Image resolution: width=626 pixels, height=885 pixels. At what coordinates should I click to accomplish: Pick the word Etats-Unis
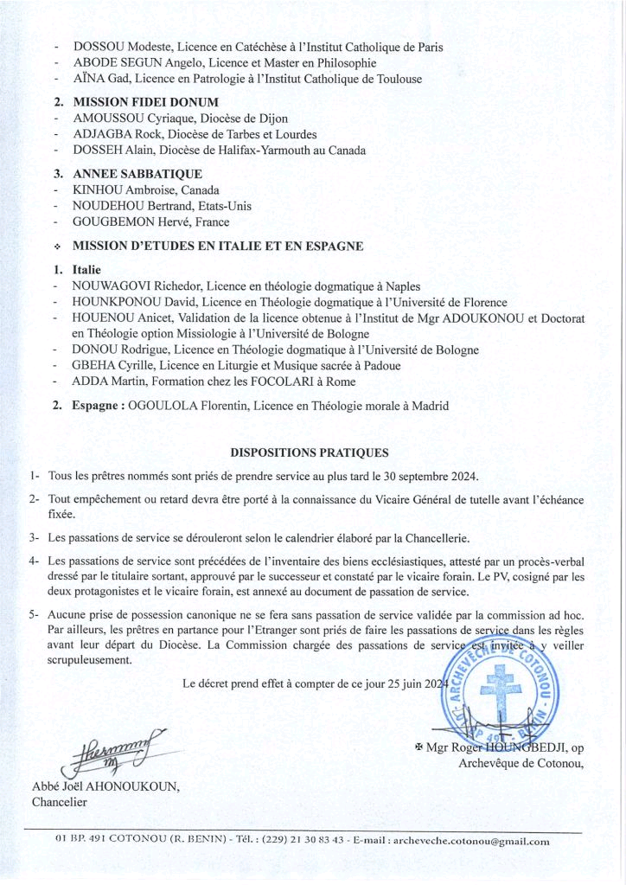coord(223,206)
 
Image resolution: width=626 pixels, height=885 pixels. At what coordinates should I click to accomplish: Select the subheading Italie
coord(86,270)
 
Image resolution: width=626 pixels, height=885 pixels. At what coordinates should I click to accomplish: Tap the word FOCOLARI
coord(269,382)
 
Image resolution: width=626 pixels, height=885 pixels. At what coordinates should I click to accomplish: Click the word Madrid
coord(429,406)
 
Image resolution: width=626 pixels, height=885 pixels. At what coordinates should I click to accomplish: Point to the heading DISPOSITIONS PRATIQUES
coord(310,452)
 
